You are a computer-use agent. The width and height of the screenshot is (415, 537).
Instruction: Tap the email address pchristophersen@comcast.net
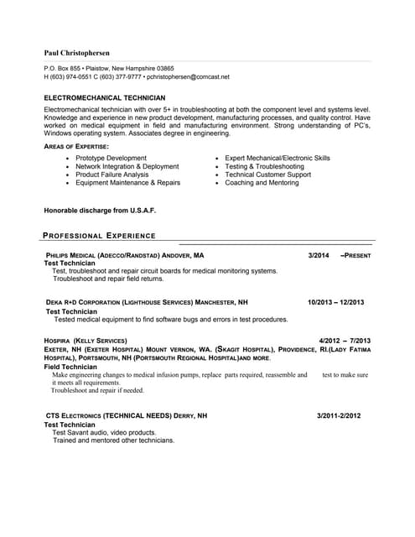point(188,76)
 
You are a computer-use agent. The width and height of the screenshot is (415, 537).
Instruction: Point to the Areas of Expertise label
point(75,147)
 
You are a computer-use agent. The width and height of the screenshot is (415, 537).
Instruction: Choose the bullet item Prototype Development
point(111,158)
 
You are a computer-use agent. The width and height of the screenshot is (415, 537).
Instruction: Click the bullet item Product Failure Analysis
point(112,175)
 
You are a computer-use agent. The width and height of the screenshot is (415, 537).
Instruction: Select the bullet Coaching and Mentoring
point(262,183)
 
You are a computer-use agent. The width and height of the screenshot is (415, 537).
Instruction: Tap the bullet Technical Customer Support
point(268,175)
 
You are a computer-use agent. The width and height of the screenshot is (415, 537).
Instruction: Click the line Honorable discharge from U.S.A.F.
point(100,210)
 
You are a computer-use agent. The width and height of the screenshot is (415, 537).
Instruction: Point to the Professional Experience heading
point(99,236)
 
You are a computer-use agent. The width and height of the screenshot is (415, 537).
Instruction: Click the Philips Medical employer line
point(125,254)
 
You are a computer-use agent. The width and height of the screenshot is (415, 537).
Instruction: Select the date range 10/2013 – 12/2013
point(335,302)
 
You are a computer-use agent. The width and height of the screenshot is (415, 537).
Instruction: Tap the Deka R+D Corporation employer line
point(147,302)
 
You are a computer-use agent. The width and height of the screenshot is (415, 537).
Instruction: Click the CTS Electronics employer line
point(127,415)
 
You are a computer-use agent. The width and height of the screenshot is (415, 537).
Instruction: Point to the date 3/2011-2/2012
point(339,415)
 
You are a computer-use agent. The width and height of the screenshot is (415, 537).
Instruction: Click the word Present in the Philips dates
point(358,254)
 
